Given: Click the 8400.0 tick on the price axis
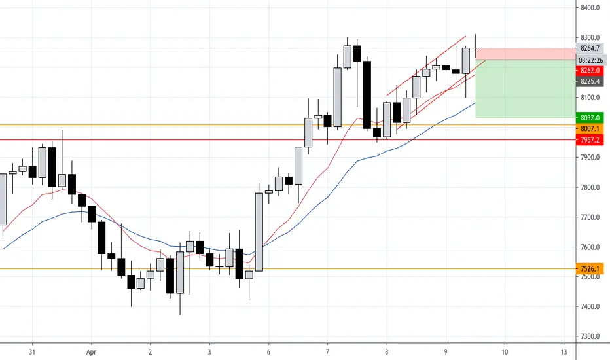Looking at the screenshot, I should click(x=590, y=8).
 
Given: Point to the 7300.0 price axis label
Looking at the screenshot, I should click(x=590, y=336).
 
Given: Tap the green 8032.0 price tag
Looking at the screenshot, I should click(x=590, y=118).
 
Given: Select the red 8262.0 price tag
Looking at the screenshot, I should click(x=590, y=71).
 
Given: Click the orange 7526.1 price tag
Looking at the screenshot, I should click(x=590, y=268).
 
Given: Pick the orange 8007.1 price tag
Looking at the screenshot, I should click(x=590, y=129).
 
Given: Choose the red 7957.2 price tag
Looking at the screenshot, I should click(x=590, y=140).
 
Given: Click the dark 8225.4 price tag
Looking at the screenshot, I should click(x=590, y=82).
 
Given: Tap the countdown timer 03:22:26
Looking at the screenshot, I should click(x=590, y=60).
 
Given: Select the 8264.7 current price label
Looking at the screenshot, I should click(x=590, y=48).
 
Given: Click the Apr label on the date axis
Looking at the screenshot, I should click(x=92, y=351).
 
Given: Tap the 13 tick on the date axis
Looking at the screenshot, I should click(x=562, y=351).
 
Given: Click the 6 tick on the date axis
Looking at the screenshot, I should click(x=268, y=351).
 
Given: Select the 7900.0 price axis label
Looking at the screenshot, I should click(x=590, y=158).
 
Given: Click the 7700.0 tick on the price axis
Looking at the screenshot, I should click(x=590, y=217).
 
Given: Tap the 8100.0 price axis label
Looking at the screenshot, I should click(x=590, y=98).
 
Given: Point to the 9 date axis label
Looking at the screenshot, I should click(x=444, y=351).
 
